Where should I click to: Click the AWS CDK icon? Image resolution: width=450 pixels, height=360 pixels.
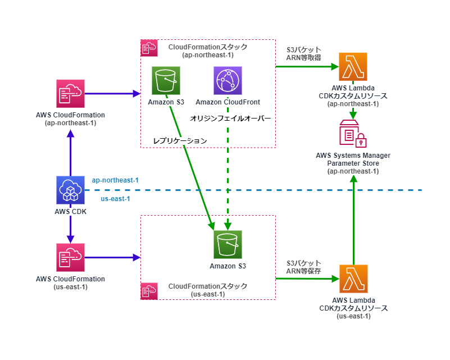pos(70,190)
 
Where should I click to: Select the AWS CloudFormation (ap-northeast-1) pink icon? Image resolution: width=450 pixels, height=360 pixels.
pos(70,93)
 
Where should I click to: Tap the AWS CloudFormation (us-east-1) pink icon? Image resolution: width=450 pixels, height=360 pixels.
pos(70,257)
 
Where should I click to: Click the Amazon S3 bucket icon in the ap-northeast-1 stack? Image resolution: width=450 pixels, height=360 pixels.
pos(166,81)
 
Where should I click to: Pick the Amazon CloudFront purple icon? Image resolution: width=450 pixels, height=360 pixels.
pos(228,81)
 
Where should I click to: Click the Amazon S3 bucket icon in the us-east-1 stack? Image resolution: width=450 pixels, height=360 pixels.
pos(228,244)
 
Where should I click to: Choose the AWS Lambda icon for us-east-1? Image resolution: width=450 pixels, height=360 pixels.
pos(353,279)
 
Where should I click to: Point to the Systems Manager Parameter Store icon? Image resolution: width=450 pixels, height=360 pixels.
pos(353,134)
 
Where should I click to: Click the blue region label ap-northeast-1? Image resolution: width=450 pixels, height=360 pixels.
pos(115,180)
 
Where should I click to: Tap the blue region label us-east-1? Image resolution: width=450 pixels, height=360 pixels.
pos(115,199)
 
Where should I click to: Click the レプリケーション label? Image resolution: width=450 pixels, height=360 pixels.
pos(180,140)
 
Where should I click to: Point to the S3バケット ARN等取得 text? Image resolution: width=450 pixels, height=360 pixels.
pos(303,54)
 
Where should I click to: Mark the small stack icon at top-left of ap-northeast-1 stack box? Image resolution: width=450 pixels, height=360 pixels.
pos(148,48)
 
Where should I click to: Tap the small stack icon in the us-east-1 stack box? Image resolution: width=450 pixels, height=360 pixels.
pos(148,291)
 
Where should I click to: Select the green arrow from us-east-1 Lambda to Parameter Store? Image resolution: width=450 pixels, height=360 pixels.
pos(353,219)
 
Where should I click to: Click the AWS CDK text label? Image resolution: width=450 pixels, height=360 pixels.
pos(70,211)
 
